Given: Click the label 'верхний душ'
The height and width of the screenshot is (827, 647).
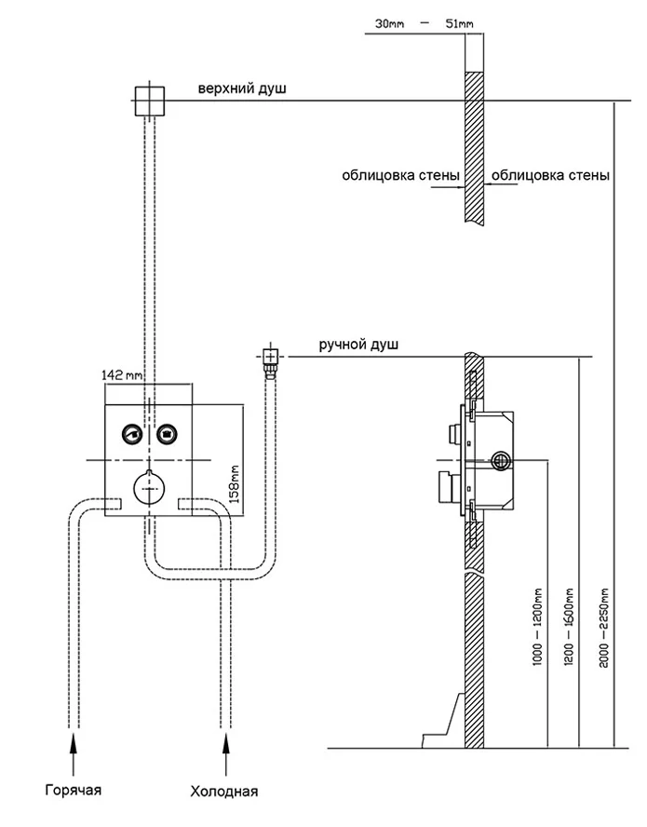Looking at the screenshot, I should (x=241, y=89).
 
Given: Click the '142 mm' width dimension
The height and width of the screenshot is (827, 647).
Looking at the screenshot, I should (x=122, y=374).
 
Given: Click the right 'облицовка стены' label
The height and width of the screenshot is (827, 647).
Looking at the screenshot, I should (x=550, y=173).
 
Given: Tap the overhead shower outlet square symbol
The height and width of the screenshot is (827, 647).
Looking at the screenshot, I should (x=149, y=100).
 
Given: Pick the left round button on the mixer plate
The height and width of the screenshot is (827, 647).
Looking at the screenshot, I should (x=131, y=432).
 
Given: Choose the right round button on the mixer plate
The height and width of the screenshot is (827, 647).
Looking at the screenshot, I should (x=167, y=432).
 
